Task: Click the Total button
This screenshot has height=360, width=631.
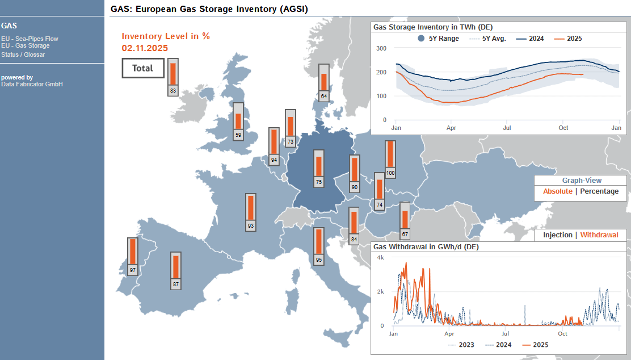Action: tap(143, 68)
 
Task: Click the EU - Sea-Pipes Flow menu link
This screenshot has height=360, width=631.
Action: tap(30, 39)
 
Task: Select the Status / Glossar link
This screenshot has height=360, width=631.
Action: tap(23, 55)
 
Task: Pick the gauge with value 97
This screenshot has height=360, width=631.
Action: tap(133, 257)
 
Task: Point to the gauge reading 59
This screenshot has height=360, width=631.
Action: tap(238, 122)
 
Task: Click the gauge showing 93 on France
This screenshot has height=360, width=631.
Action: tap(251, 212)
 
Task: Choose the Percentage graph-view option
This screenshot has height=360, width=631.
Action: tap(599, 191)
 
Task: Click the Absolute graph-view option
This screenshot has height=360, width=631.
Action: tap(558, 191)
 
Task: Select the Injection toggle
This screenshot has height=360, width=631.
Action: tap(558, 235)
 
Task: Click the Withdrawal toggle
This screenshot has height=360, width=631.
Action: tap(599, 235)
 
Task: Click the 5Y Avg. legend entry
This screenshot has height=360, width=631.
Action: tap(488, 39)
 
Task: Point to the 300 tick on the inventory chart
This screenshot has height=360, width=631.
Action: tap(381, 48)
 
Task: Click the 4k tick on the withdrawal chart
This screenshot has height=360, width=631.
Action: tap(380, 257)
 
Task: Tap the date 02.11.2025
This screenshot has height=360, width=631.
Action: tap(145, 48)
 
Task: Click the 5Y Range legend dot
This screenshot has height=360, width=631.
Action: tap(421, 38)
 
